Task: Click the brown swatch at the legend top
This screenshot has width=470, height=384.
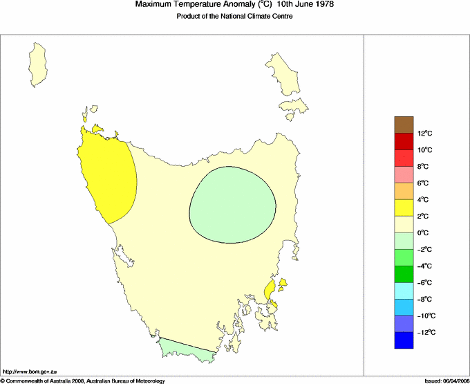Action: click(x=404, y=125)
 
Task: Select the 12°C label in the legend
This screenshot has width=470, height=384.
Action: click(x=424, y=134)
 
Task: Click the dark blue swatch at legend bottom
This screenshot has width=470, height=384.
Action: click(x=404, y=340)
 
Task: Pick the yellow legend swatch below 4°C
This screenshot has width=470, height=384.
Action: click(x=404, y=208)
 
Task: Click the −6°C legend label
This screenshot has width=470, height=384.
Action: click(x=424, y=283)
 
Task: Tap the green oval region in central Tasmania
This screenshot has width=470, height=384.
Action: click(x=232, y=205)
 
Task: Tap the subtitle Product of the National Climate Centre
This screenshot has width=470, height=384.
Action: click(x=235, y=17)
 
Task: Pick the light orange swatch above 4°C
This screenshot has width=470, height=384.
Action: click(x=404, y=191)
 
